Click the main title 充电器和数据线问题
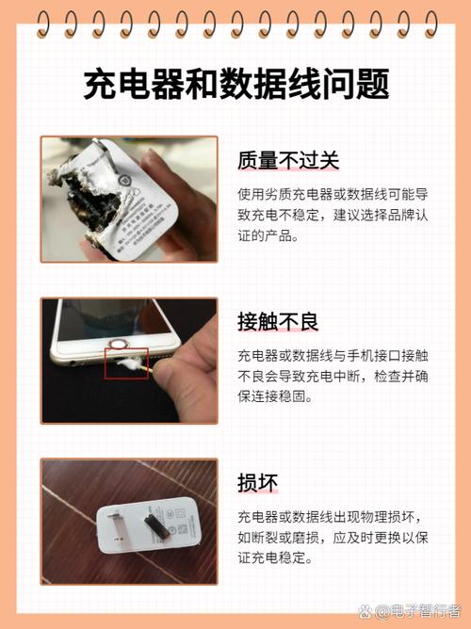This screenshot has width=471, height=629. (235, 86)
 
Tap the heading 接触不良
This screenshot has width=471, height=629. (278, 322)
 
